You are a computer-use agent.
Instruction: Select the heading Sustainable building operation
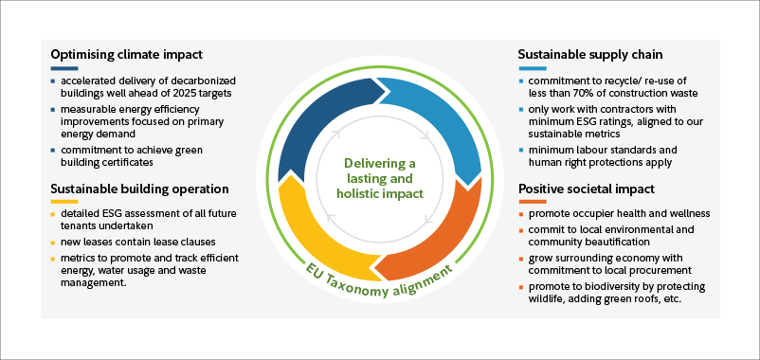pos(139,188)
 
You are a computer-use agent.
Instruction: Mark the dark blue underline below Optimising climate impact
pos(64,68)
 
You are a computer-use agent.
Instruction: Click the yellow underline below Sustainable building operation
pos(64,202)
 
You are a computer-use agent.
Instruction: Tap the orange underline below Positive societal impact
pos(533,203)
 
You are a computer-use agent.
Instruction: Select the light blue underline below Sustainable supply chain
pos(533,68)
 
